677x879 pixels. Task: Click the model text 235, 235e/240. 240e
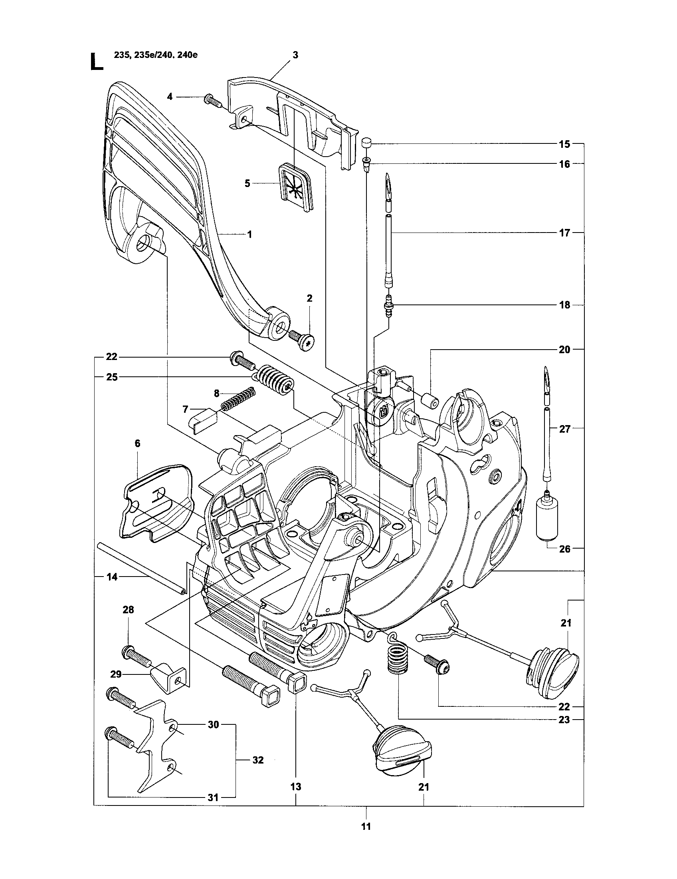point(156,56)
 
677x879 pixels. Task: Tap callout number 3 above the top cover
point(295,55)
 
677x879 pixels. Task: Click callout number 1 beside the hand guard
point(249,234)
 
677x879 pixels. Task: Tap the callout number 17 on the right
point(564,233)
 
